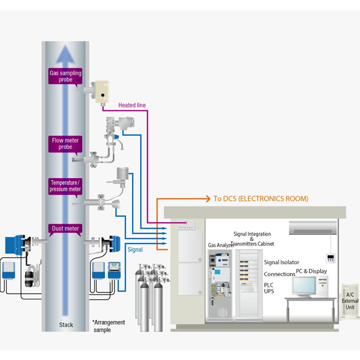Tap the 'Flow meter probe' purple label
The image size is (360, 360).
click(x=64, y=144)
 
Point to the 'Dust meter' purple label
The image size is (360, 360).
click(x=65, y=229)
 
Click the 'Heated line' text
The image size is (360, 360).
click(x=132, y=105)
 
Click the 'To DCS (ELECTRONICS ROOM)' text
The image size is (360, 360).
click(x=261, y=198)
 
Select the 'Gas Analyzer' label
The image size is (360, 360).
click(x=221, y=245)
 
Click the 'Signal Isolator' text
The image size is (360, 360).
click(x=281, y=262)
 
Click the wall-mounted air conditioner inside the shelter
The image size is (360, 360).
click(x=312, y=227)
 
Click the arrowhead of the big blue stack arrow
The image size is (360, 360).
click(x=66, y=53)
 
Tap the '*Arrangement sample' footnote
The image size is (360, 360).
click(x=109, y=326)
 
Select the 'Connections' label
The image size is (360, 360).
click(x=280, y=274)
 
